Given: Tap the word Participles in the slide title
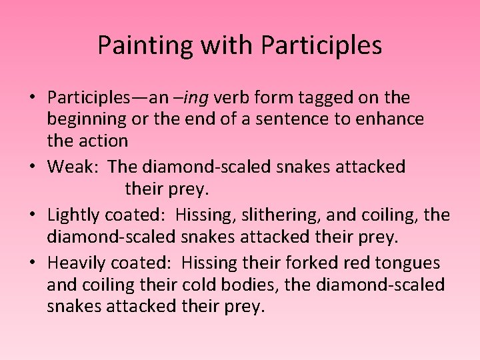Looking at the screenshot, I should [321, 45].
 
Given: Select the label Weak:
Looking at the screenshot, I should [73, 166].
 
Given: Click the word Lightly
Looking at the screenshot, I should [73, 215].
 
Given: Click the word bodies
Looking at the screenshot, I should [248, 285].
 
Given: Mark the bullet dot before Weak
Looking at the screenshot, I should [31, 167].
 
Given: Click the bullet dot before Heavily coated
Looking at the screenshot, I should [31, 263].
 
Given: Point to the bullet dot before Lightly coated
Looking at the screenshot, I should [31, 215].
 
